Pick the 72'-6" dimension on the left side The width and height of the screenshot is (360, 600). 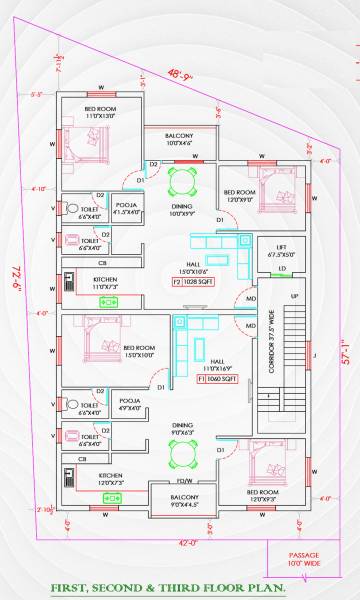[x=17, y=268]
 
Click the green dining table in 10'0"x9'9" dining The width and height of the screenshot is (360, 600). [x=182, y=183]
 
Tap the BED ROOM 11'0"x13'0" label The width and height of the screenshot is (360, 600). [x=101, y=112]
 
